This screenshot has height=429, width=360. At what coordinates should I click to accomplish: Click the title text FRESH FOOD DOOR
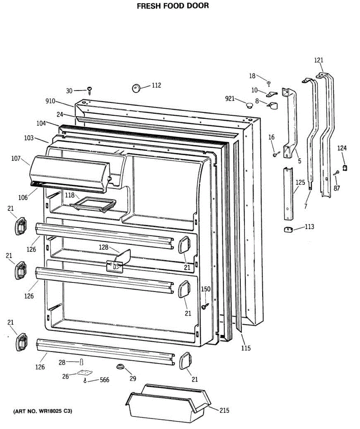point(173,6)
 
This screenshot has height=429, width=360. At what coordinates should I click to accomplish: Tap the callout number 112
point(156,85)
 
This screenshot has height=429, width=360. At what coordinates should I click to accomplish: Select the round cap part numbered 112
point(136,88)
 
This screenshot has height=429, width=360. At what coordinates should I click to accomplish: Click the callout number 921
point(230,98)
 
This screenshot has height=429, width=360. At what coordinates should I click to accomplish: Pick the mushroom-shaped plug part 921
point(249,105)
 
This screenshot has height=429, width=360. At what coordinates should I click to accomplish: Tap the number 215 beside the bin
point(224,410)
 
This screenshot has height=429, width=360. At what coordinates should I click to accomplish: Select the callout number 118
point(70,195)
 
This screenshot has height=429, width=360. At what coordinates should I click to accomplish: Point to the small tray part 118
point(94,205)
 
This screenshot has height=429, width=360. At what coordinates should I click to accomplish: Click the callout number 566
point(104,380)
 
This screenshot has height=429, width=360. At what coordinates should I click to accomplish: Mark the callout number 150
point(206,289)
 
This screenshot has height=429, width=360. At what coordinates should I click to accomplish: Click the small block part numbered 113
point(288,229)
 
